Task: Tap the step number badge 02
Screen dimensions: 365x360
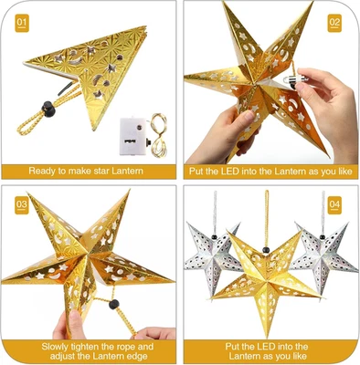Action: click(x=334, y=20)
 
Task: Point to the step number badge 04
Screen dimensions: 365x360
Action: click(x=334, y=203)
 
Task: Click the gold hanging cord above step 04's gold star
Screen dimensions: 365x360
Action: click(x=267, y=219)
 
